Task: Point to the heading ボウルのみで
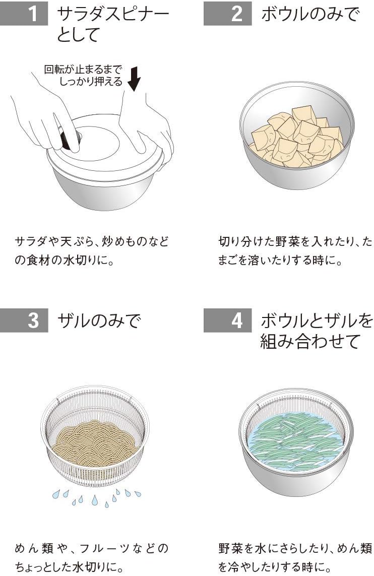pos(310,14)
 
